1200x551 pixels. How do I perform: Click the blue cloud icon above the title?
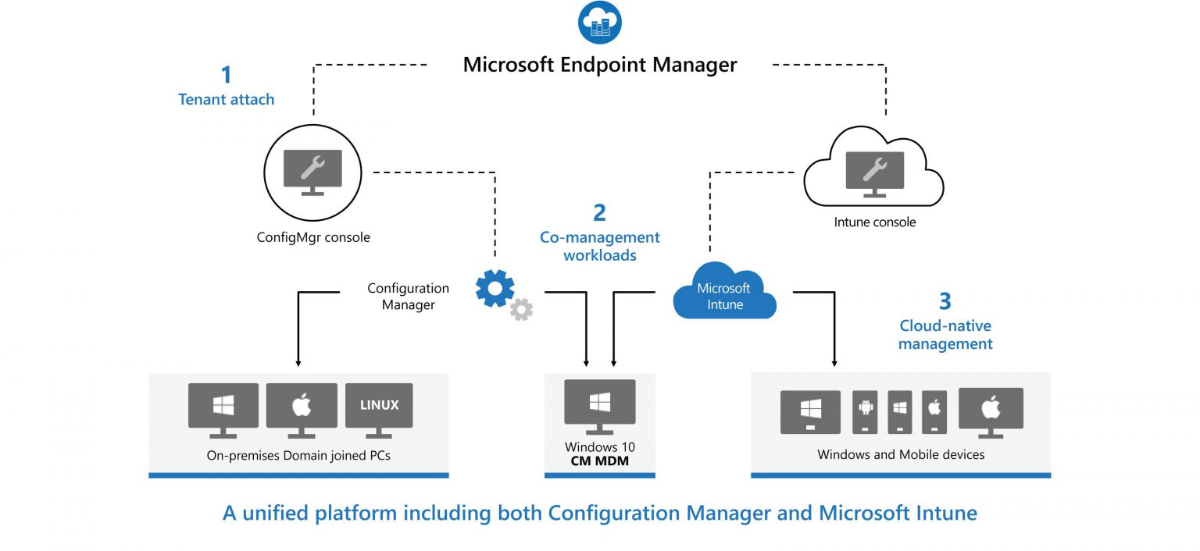coord(599,23)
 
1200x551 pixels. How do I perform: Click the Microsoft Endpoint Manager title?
coord(599,64)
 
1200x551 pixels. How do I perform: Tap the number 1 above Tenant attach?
coord(227,75)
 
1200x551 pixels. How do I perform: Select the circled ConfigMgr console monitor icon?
coord(312,172)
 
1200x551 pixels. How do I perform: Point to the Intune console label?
coord(874,222)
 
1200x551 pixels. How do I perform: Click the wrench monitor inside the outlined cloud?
coord(874,173)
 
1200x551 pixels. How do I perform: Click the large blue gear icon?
coord(495,287)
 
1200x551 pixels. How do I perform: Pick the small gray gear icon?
coord(521,309)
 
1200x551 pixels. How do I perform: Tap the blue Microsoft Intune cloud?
coord(724,296)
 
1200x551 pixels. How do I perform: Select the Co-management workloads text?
coord(599,246)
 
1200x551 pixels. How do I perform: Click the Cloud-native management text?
coord(945,334)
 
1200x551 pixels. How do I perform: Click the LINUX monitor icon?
coord(379,408)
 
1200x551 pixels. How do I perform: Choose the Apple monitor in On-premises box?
coord(302,408)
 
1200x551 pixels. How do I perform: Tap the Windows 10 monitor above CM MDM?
coord(599,404)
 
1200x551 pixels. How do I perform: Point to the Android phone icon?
coord(865,411)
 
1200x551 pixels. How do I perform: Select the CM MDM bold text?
coord(599,462)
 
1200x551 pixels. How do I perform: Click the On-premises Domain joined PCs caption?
coord(298,455)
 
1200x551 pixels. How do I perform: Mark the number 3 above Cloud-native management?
coord(945,301)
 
